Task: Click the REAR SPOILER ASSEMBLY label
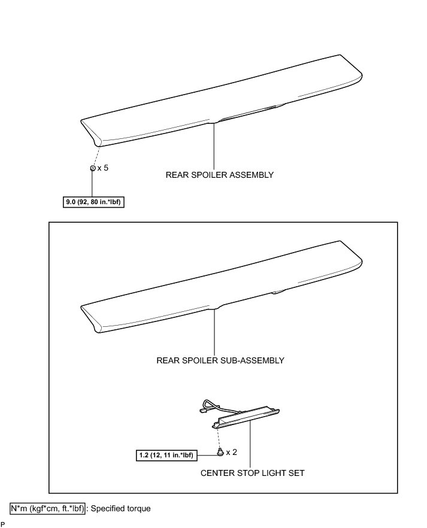(219, 175)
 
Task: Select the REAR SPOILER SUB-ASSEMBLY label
(220, 360)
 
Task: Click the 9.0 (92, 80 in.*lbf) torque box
(94, 202)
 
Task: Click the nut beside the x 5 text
(92, 168)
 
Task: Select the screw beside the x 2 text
(221, 453)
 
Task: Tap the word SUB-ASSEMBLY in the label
(252, 360)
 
